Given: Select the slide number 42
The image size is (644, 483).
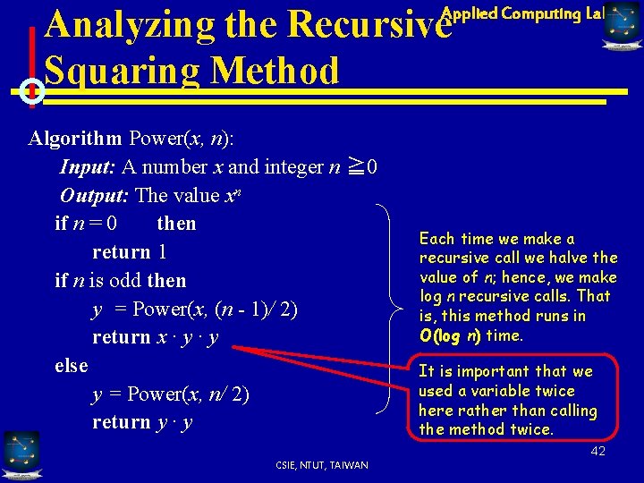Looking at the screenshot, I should (x=597, y=451).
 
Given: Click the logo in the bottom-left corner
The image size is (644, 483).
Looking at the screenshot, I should (x=21, y=453).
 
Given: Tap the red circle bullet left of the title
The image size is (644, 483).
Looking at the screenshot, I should (x=31, y=90).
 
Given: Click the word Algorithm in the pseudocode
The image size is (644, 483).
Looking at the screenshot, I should (x=75, y=139).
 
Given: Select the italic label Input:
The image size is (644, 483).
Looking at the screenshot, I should (x=88, y=166).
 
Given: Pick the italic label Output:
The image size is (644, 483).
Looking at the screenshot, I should (x=94, y=195).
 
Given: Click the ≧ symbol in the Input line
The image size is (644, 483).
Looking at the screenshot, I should (x=355, y=166).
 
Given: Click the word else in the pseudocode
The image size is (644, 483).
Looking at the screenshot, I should (x=72, y=365).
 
